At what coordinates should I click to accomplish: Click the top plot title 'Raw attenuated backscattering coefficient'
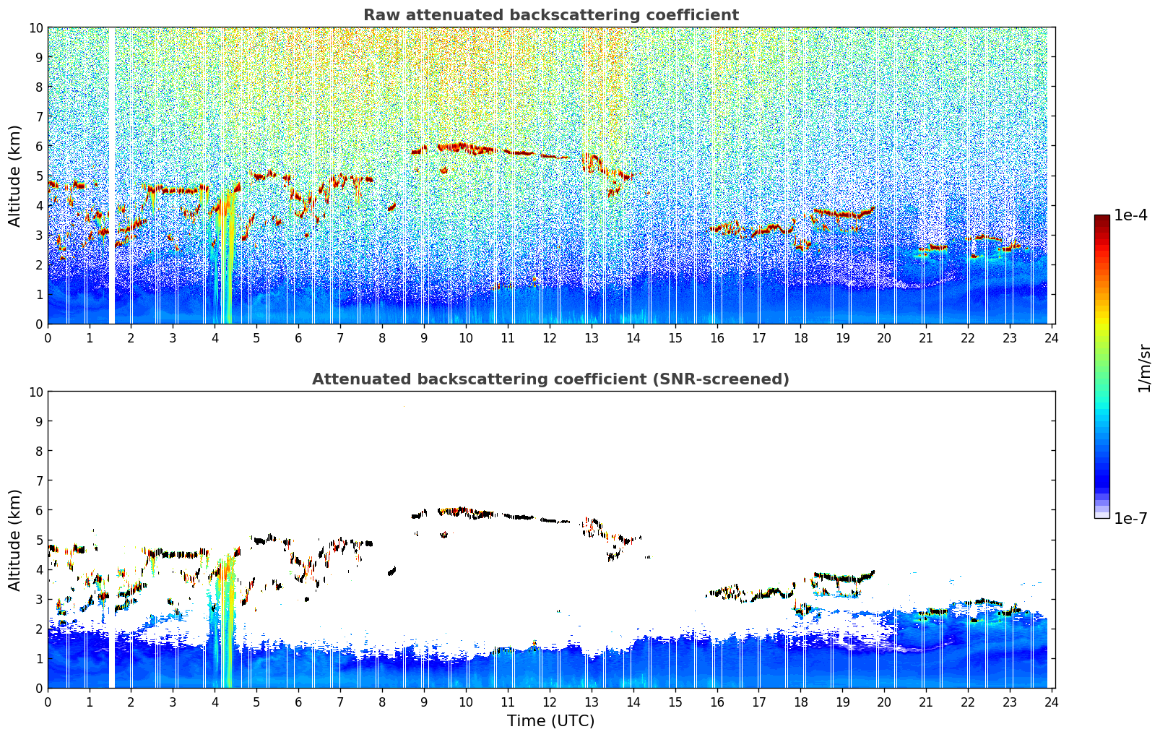[x=550, y=15]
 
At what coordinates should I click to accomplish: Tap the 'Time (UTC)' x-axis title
[x=550, y=720]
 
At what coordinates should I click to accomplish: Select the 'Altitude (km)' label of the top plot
[x=14, y=176]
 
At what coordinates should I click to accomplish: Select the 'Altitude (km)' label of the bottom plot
[x=14, y=540]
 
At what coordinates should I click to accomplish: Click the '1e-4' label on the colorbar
[x=1130, y=215]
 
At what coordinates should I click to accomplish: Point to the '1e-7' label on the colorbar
[x=1130, y=518]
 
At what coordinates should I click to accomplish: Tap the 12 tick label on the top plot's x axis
[x=550, y=337]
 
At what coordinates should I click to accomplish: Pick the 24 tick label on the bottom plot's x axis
[x=1052, y=702]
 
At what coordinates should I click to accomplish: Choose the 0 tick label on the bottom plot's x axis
[x=48, y=702]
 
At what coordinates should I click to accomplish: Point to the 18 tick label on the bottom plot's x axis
[x=800, y=702]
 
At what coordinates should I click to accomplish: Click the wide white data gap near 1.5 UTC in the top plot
[x=111, y=176]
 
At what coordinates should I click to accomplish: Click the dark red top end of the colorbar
[x=1101, y=218]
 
